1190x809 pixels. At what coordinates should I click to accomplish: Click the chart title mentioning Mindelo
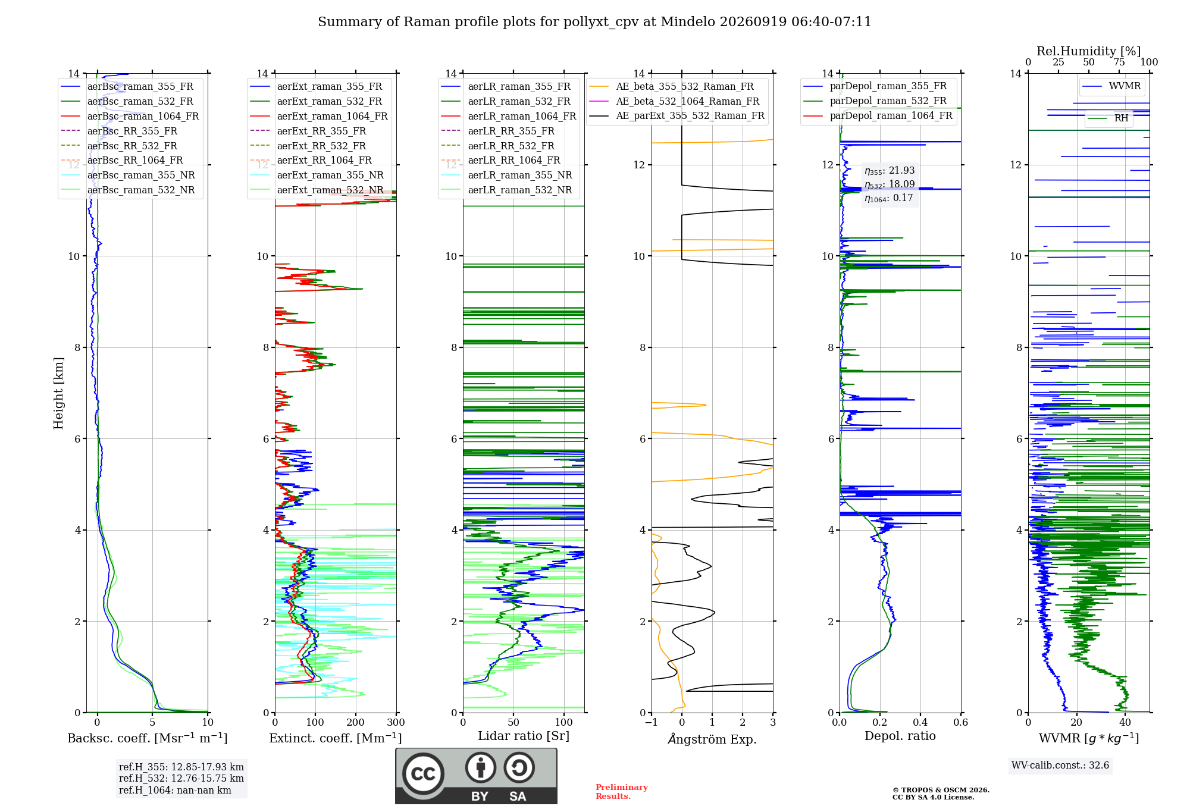(594, 22)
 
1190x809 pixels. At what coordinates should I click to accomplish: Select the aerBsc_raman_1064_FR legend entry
(130, 116)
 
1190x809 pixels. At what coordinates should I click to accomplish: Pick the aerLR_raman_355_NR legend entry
(506, 175)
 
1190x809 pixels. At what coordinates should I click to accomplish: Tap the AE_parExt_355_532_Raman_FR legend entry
(677, 115)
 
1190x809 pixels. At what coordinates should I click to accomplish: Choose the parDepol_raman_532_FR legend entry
(875, 101)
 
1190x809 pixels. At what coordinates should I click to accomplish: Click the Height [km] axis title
(58, 393)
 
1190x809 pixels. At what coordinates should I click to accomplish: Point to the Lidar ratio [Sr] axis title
(524, 736)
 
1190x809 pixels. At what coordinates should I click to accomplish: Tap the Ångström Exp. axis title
(712, 739)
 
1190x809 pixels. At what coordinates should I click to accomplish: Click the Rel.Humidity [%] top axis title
(1089, 51)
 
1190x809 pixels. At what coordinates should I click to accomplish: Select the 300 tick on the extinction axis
(396, 722)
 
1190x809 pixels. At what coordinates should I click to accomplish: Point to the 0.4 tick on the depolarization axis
(920, 722)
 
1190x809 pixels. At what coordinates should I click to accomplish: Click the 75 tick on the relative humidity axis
(1119, 62)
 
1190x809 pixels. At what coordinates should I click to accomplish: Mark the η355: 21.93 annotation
(890, 171)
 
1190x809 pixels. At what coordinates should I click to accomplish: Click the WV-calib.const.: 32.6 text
(1060, 765)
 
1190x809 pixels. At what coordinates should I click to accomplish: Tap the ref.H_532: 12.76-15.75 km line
(181, 778)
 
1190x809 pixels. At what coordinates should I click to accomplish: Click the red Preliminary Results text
(622, 791)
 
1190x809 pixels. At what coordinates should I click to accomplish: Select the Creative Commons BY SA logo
(476, 776)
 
